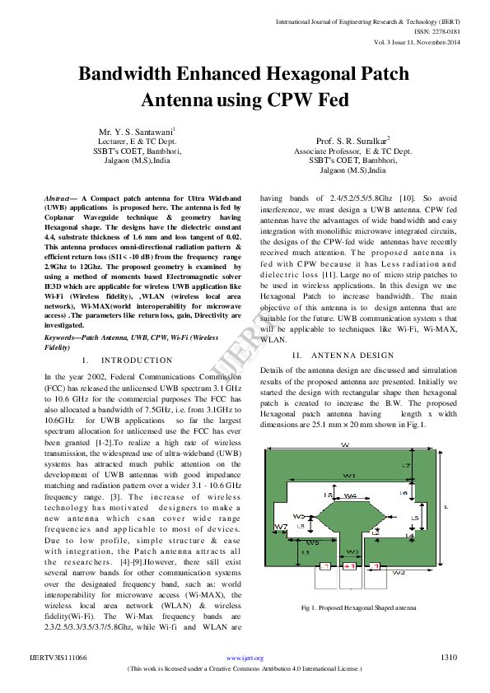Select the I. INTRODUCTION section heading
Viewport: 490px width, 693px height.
click(128, 361)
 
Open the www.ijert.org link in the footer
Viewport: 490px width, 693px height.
click(245, 658)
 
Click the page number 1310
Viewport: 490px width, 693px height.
click(449, 658)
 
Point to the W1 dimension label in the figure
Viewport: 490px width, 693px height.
click(349, 476)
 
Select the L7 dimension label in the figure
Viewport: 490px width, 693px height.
click(406, 467)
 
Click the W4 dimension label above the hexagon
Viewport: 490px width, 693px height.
click(350, 496)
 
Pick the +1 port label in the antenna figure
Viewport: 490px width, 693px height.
click(349, 566)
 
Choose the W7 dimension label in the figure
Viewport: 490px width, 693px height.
click(280, 527)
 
